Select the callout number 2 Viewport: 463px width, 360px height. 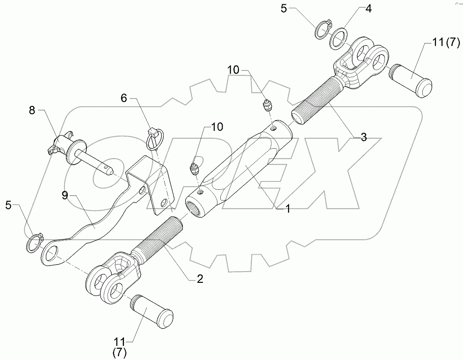200,279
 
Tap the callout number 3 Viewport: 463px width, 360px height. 363,137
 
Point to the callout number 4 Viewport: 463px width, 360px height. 369,9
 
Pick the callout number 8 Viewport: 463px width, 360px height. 32,110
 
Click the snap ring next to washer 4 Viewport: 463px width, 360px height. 323,30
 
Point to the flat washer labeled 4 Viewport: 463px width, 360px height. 339,39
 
